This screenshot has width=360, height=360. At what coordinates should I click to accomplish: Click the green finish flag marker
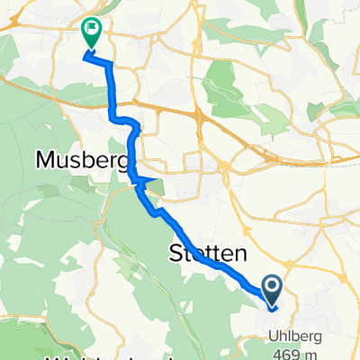(x=91, y=31)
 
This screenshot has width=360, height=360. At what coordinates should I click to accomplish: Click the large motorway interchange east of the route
(x=200, y=113)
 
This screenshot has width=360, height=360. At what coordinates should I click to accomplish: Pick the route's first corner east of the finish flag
(x=111, y=61)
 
